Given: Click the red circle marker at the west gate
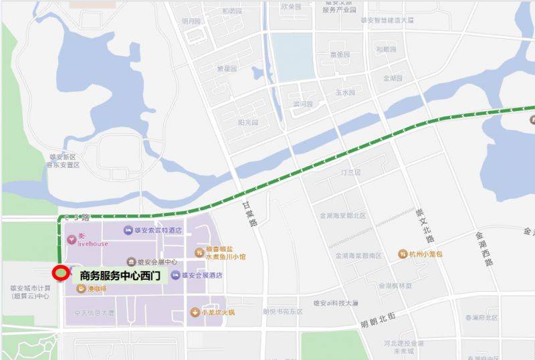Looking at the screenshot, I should point(60,273).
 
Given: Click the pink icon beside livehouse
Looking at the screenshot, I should point(72,239).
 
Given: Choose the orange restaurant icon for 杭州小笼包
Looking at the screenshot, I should point(403,254).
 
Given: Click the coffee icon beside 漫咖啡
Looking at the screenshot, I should point(81,289).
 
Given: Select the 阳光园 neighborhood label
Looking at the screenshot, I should point(247,122).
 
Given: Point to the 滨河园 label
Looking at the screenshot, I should point(302,104).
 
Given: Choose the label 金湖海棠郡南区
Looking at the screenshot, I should point(358,256).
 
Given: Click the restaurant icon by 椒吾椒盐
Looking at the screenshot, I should point(199,252).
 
